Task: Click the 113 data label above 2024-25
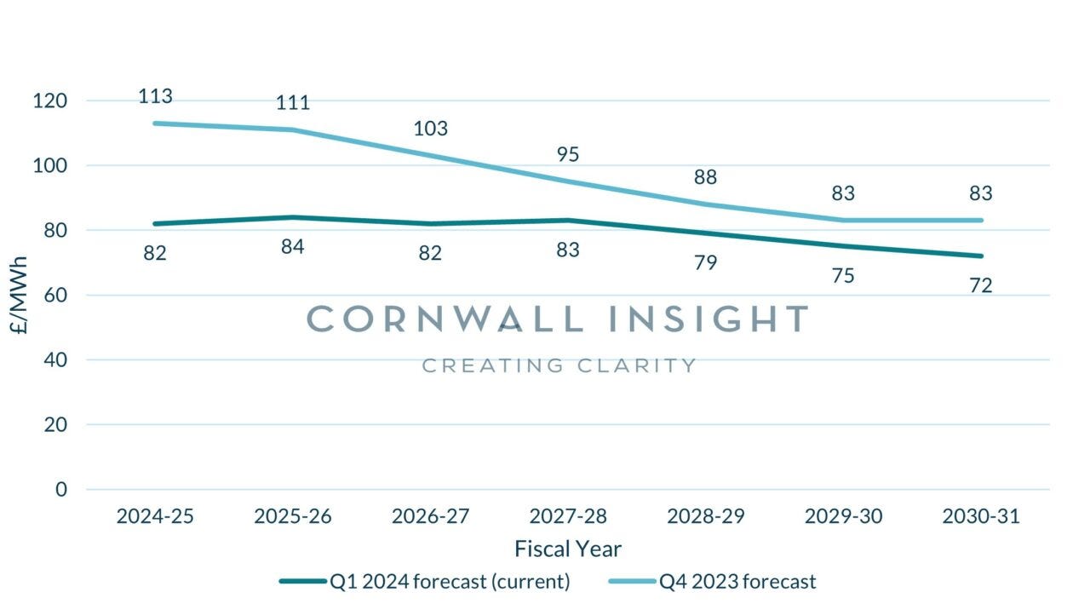pyautogui.click(x=155, y=96)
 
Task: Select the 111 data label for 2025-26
pyautogui.click(x=292, y=103)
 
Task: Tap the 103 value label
pyautogui.click(x=430, y=129)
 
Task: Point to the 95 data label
pyautogui.click(x=568, y=154)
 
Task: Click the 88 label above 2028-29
pyautogui.click(x=705, y=177)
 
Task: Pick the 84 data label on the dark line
pyautogui.click(x=292, y=247)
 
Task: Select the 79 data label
pyautogui.click(x=705, y=262)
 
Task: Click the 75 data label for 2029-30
pyautogui.click(x=843, y=275)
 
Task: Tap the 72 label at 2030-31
pyautogui.click(x=980, y=285)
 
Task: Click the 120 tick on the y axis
pyautogui.click(x=50, y=101)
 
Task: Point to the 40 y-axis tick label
pyautogui.click(x=55, y=359)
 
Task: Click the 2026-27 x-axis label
pyautogui.click(x=430, y=516)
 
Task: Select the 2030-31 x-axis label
pyautogui.click(x=980, y=516)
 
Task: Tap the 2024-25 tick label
pyautogui.click(x=155, y=516)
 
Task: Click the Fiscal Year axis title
pyautogui.click(x=568, y=549)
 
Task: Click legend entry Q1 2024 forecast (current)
pyautogui.click(x=426, y=582)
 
